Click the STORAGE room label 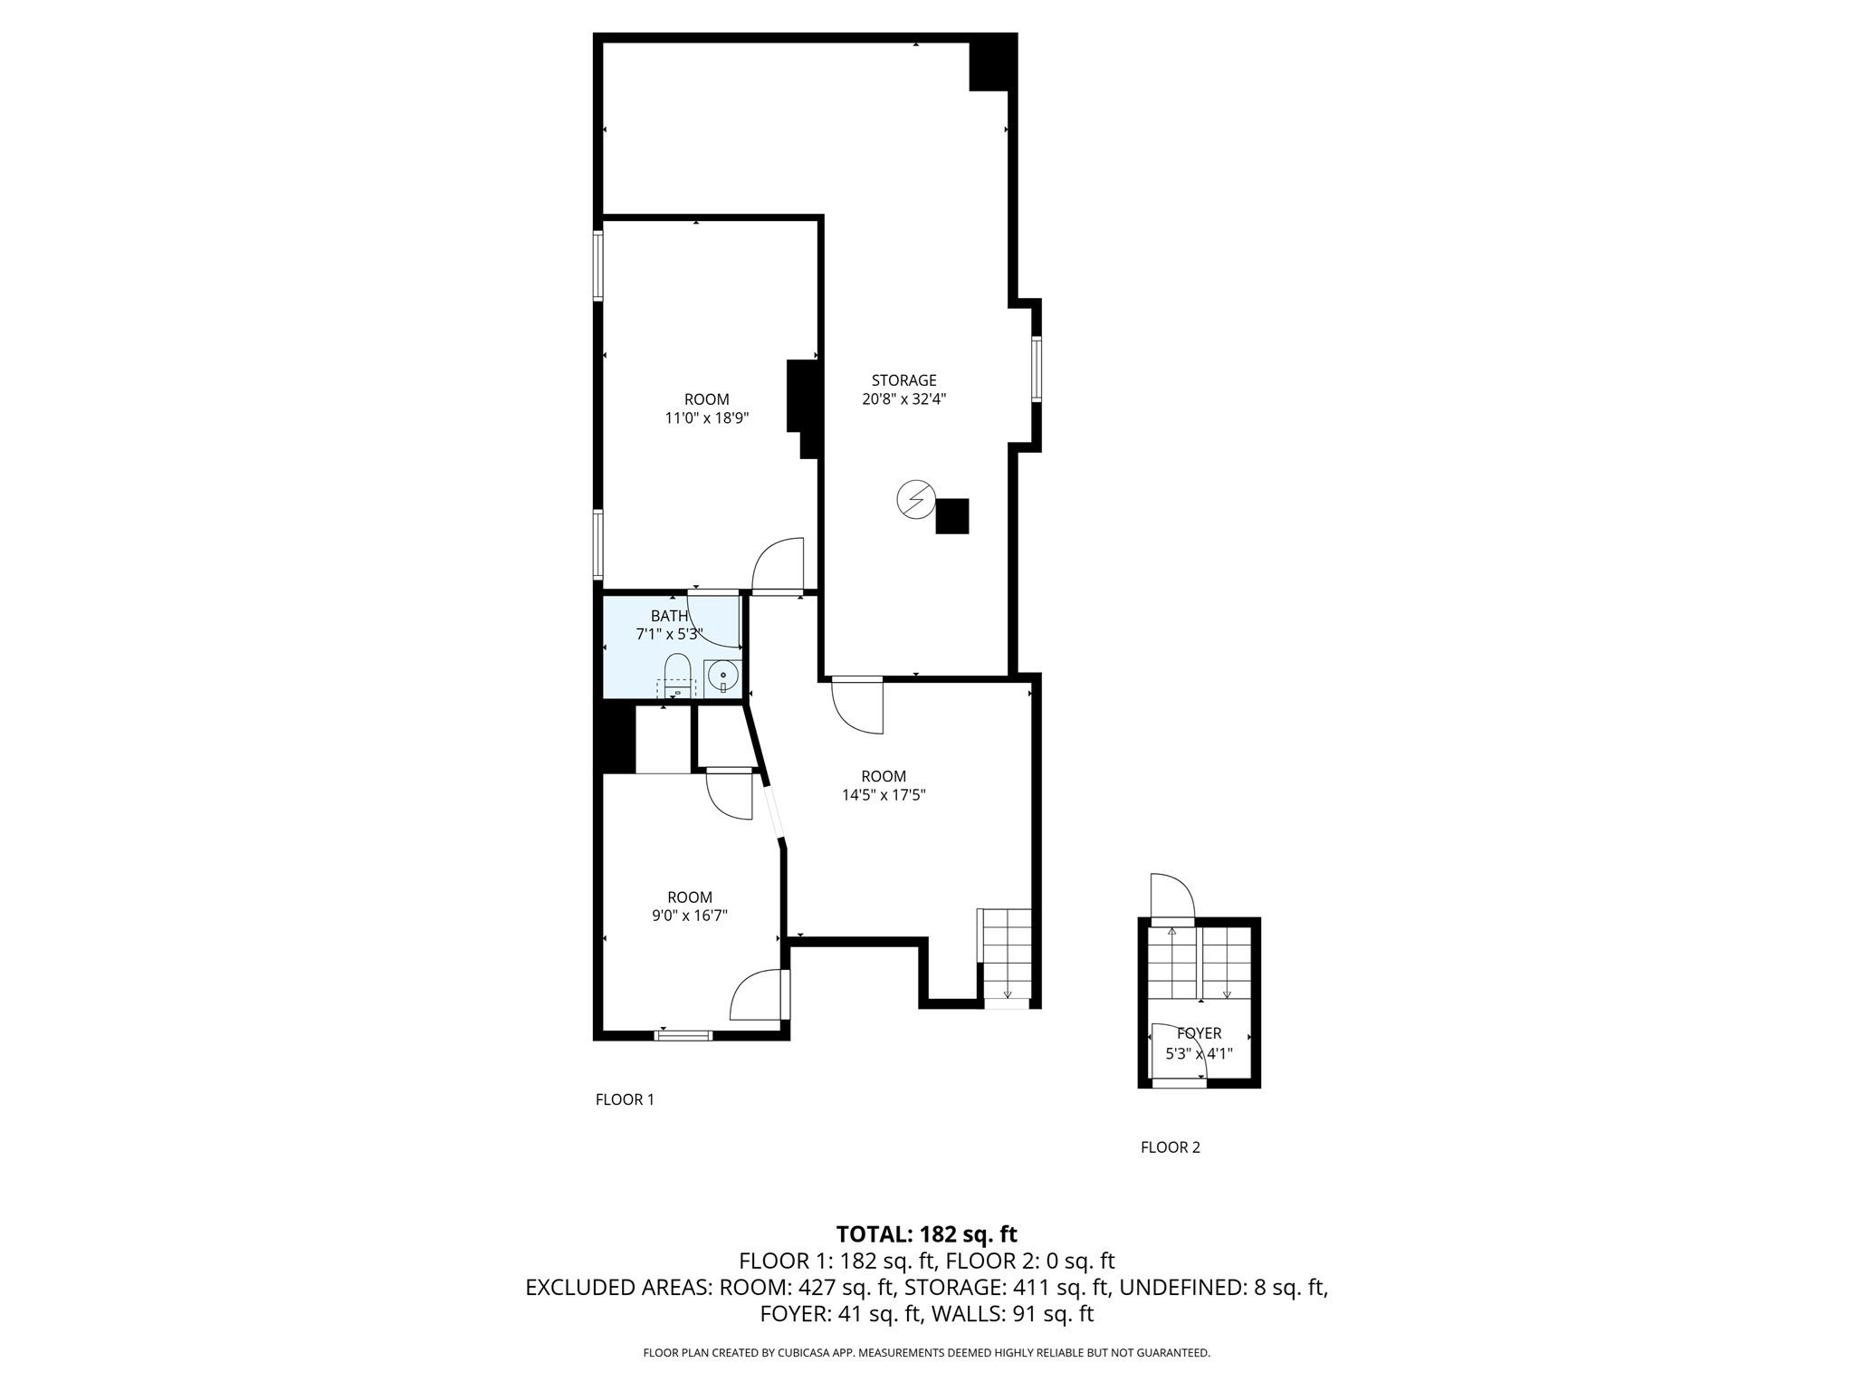tap(903, 380)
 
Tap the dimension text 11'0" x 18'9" tap(707, 418)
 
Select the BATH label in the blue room tap(669, 616)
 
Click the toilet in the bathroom tap(677, 676)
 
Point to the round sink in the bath tap(722, 676)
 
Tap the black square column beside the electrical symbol tap(951, 516)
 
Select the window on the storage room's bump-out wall tap(1037, 369)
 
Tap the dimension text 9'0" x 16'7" tap(690, 916)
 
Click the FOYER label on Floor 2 tap(1199, 1033)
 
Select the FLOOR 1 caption tap(624, 1099)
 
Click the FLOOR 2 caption tap(1170, 1147)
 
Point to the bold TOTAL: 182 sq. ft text tap(926, 1233)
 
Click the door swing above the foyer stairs tap(1172, 897)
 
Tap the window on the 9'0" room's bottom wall tap(683, 1034)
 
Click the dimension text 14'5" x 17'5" tap(884, 795)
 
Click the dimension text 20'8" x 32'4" tap(903, 399)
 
